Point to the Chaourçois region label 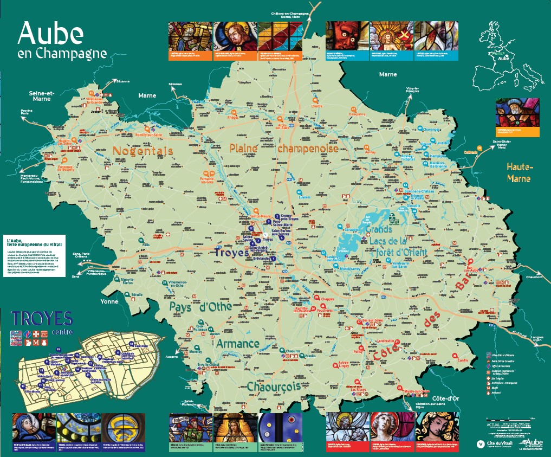274,387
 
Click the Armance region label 238,344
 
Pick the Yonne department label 109,301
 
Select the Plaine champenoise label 284,147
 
